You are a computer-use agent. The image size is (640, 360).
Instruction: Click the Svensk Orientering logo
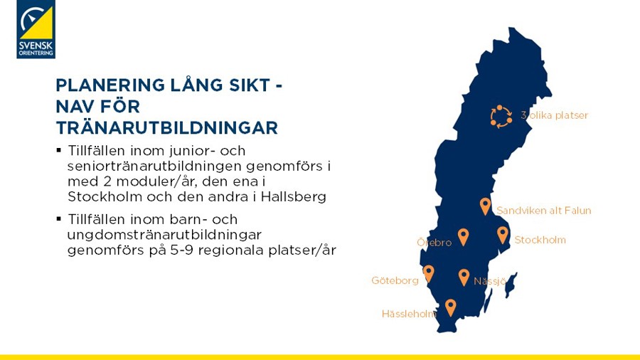pos(36,29)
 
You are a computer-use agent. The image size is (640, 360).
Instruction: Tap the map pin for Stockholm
pos(503,235)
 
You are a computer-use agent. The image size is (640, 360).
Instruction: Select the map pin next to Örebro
pos(463,237)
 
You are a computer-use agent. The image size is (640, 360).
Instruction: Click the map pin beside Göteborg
pos(428,274)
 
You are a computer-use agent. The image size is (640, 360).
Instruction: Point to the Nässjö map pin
pos(464,277)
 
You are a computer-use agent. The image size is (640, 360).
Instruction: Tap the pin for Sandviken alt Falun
pos(485,206)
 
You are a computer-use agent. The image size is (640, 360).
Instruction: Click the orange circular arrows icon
pos(501,117)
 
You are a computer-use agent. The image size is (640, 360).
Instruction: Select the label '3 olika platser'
pos(554,115)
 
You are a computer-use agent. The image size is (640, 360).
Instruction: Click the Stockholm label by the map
pos(540,240)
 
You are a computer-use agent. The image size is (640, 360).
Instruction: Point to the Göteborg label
pos(395,281)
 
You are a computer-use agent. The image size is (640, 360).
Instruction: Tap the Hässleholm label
pos(409,314)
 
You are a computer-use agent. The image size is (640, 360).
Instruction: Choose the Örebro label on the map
pos(434,243)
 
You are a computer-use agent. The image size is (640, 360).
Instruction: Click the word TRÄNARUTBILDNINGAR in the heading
pos(167,127)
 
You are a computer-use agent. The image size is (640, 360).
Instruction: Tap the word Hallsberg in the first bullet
pos(294,197)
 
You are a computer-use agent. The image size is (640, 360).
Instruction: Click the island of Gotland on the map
pos(511,284)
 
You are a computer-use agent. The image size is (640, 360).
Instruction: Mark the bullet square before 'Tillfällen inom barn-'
pos(59,219)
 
